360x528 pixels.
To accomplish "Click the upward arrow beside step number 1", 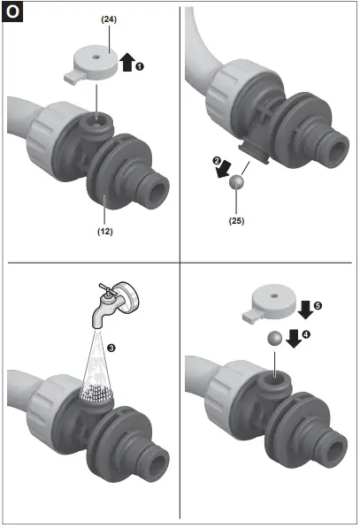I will click(127, 62).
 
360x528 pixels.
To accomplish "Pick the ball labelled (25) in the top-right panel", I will click(236, 183).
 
